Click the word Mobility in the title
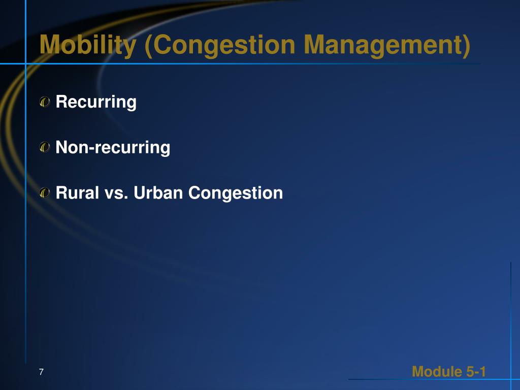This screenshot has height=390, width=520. pyautogui.click(x=88, y=45)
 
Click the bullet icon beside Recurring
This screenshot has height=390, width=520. pyautogui.click(x=45, y=102)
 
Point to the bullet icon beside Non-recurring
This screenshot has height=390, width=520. pyautogui.click(x=45, y=147)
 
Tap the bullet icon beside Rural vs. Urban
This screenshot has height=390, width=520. pyautogui.click(x=45, y=192)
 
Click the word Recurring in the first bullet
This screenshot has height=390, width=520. pyautogui.click(x=96, y=102)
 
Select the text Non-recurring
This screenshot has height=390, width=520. pyautogui.click(x=113, y=148)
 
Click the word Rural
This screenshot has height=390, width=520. pyautogui.click(x=77, y=192)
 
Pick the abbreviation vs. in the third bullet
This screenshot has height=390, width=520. pyautogui.click(x=116, y=193)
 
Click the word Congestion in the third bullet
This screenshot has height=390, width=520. pyautogui.click(x=236, y=193)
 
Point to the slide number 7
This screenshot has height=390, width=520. pyautogui.click(x=41, y=372)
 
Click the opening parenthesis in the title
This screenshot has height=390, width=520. pyautogui.click(x=148, y=46)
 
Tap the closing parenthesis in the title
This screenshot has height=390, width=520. pyautogui.click(x=467, y=46)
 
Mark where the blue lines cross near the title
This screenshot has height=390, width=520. pyautogui.click(x=26, y=63)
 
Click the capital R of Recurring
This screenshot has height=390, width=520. pyautogui.click(x=61, y=102)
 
